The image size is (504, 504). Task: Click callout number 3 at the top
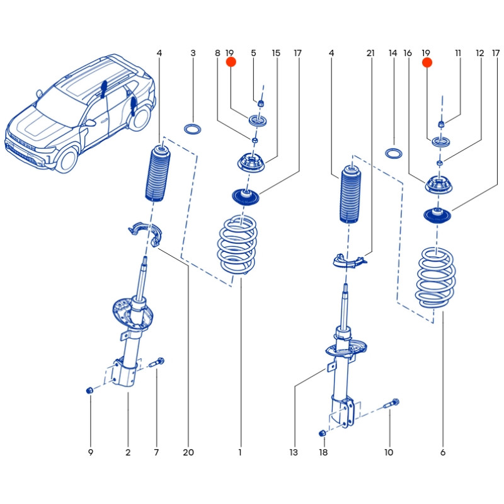[x=193, y=54]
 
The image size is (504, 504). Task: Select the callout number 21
[x=370, y=54]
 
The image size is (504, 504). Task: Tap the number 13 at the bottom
[x=293, y=452]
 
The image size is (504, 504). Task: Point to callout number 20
[x=188, y=452]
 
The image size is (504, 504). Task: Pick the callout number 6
[x=443, y=452]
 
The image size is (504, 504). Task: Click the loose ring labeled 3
[x=192, y=130]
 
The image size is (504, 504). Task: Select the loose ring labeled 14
[x=394, y=153]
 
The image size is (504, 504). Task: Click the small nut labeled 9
[x=90, y=391]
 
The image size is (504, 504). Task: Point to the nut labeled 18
[x=323, y=433]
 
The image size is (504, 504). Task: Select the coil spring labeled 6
[x=436, y=277]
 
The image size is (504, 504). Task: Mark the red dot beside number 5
[x=231, y=62]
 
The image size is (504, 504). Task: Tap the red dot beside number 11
[x=427, y=62]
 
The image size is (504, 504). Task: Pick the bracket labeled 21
[x=348, y=260]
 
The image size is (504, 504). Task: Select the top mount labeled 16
[x=440, y=185]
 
